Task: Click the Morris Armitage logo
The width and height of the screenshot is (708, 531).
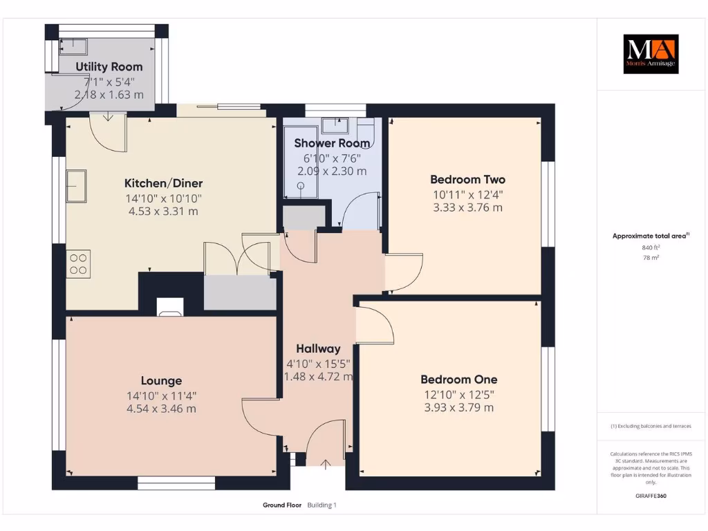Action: pos(651,54)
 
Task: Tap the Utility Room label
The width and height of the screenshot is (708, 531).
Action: pos(109,67)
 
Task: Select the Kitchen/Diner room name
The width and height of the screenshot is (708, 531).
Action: pos(163,183)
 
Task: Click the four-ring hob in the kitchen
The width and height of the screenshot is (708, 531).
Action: pos(78,263)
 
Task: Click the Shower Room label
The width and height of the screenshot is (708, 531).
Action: pos(332,143)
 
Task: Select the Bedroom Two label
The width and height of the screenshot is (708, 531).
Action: pos(468,180)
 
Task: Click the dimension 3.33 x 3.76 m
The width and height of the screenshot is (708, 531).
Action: pos(468,207)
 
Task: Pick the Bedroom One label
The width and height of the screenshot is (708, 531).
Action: pos(459,380)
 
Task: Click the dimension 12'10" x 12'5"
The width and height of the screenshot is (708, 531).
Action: pos(459,394)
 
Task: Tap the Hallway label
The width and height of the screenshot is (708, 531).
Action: pos(318,348)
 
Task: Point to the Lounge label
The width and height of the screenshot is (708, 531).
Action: pos(161,380)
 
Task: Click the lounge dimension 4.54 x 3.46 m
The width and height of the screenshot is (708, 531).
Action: pos(162,409)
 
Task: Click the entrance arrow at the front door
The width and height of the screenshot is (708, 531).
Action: pos(325,463)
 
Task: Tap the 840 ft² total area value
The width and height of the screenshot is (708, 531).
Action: pos(650,248)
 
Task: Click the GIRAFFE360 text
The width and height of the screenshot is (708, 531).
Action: pos(651,496)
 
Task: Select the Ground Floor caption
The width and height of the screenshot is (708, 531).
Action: pos(282,505)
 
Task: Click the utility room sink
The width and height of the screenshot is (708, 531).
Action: pos(72,46)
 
